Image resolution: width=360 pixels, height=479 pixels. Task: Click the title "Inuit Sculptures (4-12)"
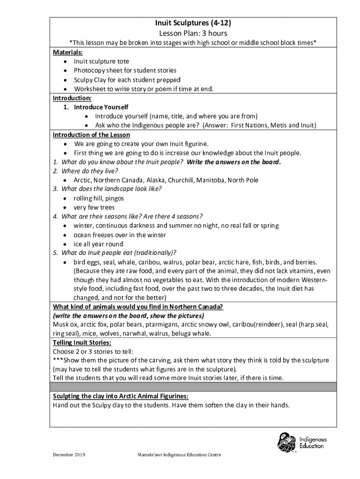click(x=193, y=23)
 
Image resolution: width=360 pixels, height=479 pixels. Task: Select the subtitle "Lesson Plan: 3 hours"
click(x=193, y=33)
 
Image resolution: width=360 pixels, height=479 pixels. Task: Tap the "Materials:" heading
click(x=65, y=52)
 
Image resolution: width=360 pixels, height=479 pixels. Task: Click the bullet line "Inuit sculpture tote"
click(x=101, y=61)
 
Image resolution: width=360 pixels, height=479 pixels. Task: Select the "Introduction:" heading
click(x=72, y=98)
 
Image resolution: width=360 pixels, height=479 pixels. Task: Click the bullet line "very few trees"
click(x=94, y=207)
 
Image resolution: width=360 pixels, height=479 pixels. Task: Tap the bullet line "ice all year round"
click(x=98, y=244)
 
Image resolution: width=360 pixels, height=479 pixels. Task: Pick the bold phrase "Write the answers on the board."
click(x=234, y=162)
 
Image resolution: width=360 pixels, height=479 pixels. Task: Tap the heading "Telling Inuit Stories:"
click(x=82, y=342)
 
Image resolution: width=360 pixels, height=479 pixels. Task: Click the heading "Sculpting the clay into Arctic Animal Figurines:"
click(x=121, y=396)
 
